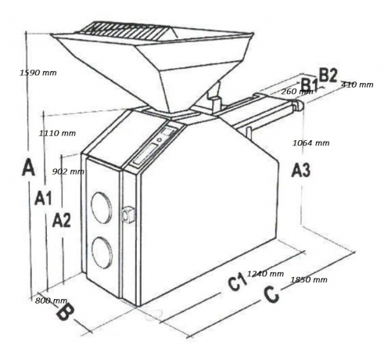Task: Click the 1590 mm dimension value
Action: pos(38,73)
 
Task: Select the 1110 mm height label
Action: pos(57,133)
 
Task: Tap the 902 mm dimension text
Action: pos(68,171)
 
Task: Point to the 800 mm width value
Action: pos(51,301)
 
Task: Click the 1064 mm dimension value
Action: pos(311,142)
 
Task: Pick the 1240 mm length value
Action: pos(265,274)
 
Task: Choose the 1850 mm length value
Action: pos(309,279)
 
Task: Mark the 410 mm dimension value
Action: pos(357,85)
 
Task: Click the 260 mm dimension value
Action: pos(297,92)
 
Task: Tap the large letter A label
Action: pos(28,167)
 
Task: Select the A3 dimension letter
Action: pos(301,170)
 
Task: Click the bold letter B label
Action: pos(65,312)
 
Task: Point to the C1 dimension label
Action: pos(237,282)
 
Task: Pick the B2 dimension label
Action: pos(328,76)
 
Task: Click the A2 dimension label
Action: pos(62,220)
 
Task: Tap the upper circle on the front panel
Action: pos(102,207)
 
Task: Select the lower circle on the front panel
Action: pos(102,253)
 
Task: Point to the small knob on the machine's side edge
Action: pos(128,214)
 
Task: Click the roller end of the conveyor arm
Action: pos(299,105)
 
